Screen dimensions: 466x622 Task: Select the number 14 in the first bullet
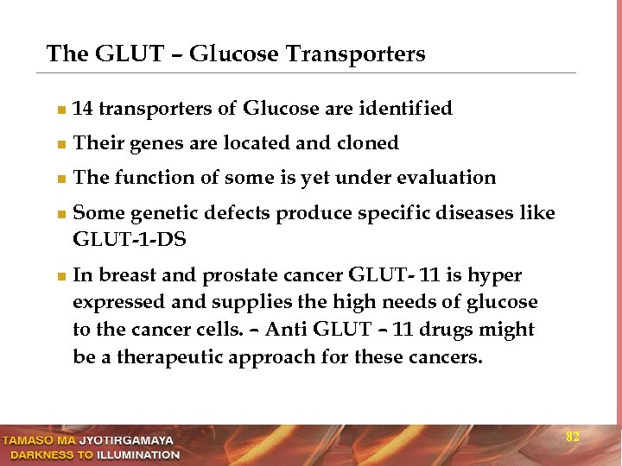(84, 109)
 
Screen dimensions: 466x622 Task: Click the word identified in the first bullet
(403, 109)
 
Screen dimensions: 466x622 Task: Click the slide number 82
(572, 437)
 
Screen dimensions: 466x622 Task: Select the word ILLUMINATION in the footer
(137, 454)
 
